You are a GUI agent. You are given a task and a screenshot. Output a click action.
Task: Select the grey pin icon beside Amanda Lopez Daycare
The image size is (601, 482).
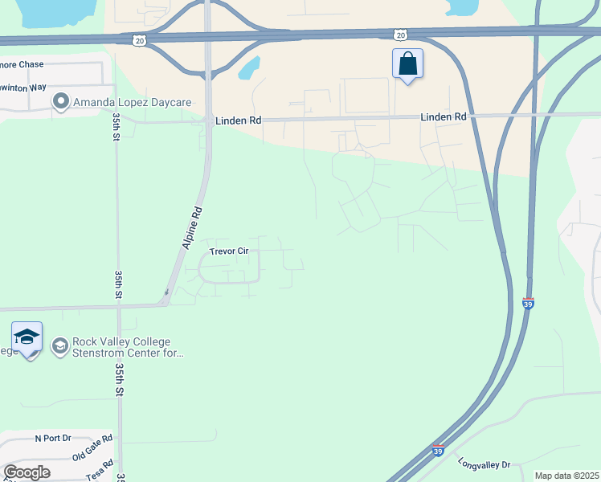pyautogui.click(x=60, y=102)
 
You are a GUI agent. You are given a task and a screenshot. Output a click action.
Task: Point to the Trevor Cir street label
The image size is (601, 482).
pyautogui.click(x=229, y=251)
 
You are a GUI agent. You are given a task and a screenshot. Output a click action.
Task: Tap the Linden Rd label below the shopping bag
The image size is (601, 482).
pyautogui.click(x=444, y=117)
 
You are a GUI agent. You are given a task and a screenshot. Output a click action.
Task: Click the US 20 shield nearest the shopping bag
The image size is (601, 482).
pyautogui.click(x=401, y=35)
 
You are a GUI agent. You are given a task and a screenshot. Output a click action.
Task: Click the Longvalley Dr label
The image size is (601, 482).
pyautogui.click(x=484, y=464)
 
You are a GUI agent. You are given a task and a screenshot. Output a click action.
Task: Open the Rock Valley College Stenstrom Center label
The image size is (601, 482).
pyautogui.click(x=129, y=346)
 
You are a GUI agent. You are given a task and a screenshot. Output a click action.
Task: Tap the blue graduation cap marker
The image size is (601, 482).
pyautogui.click(x=27, y=338)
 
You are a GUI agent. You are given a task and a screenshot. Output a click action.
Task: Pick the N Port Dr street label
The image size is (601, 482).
pyautogui.click(x=53, y=439)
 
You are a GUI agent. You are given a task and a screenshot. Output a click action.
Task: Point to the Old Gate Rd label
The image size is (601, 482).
pyautogui.click(x=92, y=448)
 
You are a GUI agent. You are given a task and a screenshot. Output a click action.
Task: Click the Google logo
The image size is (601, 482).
pyautogui.click(x=27, y=472)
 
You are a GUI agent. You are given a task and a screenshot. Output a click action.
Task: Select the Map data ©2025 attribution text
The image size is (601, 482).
pyautogui.click(x=566, y=476)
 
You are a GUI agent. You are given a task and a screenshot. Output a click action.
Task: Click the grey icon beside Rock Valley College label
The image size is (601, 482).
pyautogui.click(x=60, y=346)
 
